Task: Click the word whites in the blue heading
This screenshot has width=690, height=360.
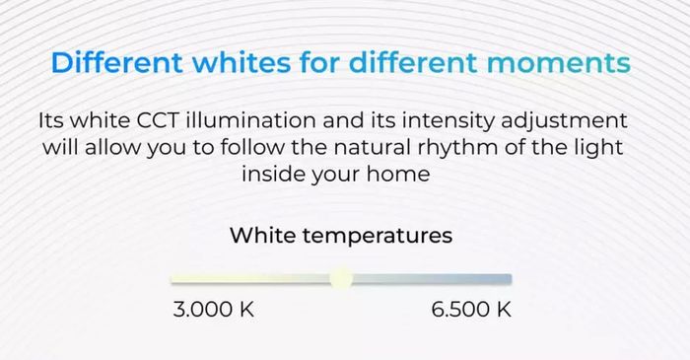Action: point(241,62)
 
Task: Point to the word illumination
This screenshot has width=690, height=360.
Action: point(250,120)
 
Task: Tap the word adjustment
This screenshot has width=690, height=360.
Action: point(564,121)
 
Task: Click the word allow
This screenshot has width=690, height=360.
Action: point(113,147)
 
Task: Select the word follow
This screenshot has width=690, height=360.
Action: point(252,147)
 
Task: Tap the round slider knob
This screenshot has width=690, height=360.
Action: point(341,278)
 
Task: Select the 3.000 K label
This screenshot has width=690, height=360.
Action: point(214,309)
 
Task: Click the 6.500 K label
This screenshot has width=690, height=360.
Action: point(471,309)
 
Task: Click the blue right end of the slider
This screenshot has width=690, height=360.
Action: point(510,278)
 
